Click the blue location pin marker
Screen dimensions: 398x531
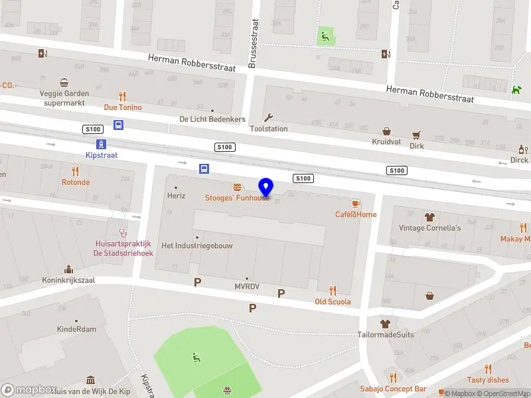[265, 186]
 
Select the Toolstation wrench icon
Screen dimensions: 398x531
[269, 117]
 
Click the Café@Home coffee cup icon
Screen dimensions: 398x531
[356, 203]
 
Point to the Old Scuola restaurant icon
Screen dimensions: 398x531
[333, 291]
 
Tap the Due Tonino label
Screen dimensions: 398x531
[123, 107]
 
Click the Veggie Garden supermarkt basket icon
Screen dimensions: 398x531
[64, 83]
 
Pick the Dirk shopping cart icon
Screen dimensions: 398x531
[416, 135]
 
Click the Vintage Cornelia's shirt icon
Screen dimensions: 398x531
[429, 217]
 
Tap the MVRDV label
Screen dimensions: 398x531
[247, 287]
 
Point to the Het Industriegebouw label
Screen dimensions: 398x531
[197, 245]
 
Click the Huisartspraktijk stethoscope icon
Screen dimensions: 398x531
[123, 233]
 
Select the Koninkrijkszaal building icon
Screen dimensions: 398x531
[68, 269]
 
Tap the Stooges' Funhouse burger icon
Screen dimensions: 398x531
[237, 186]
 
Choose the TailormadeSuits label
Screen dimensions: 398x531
[386, 334]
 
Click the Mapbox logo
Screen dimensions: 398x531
[27, 390]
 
